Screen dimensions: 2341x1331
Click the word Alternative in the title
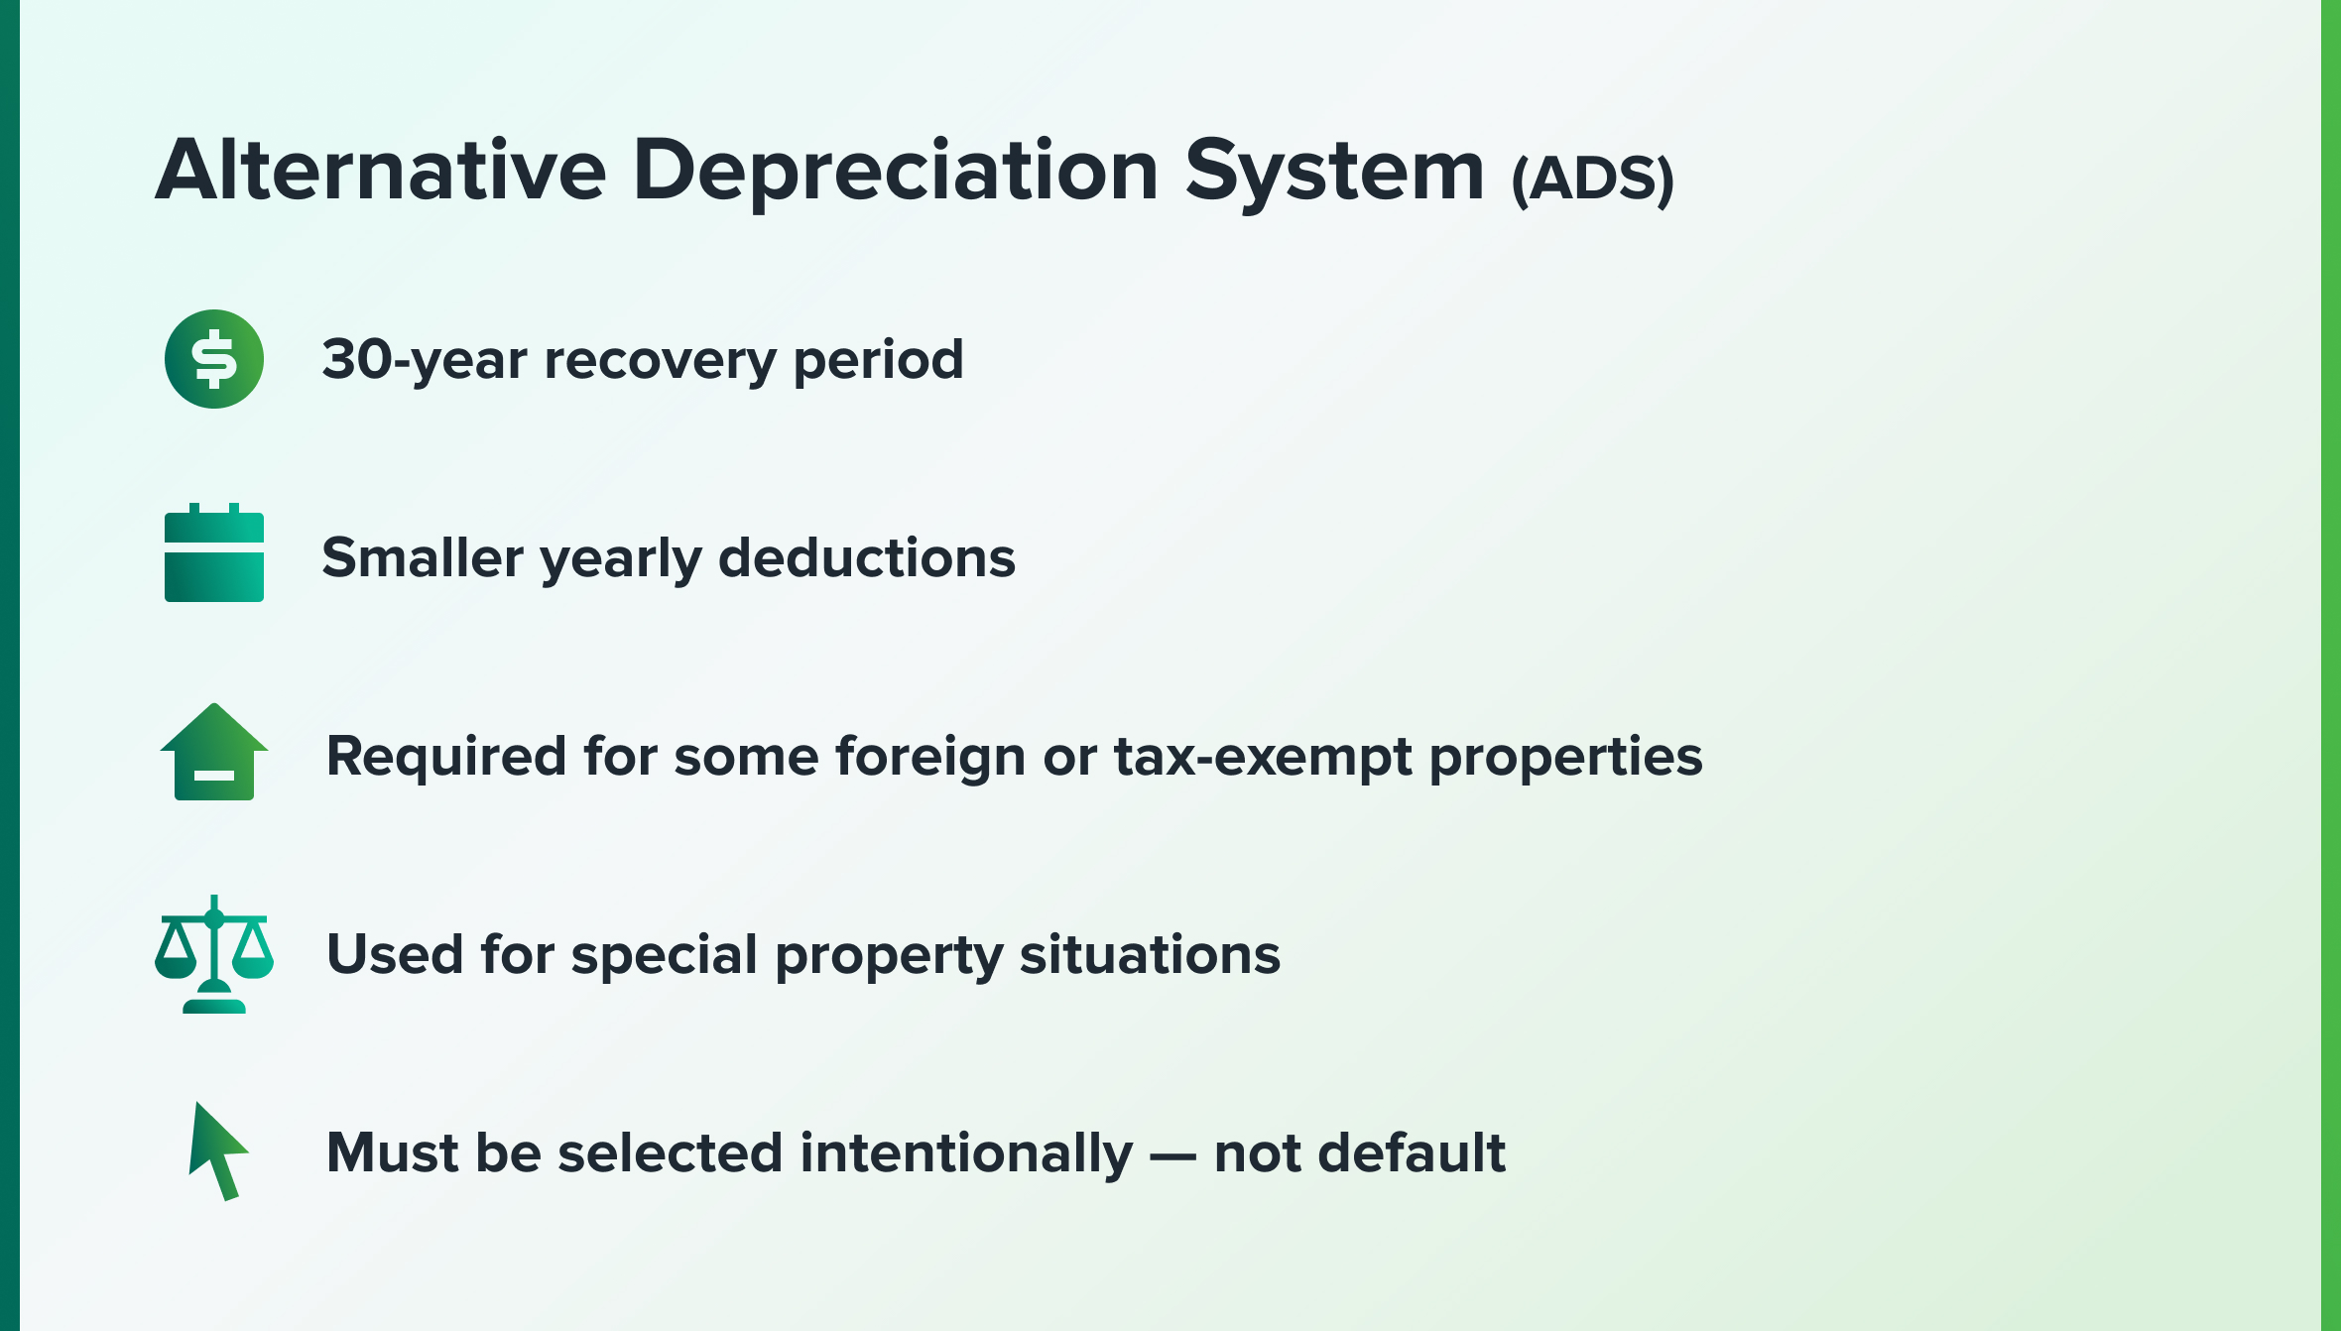(381, 170)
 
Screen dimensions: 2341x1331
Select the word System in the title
(1335, 175)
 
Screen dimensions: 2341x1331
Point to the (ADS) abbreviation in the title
(1593, 180)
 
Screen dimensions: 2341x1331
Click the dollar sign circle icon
(214, 359)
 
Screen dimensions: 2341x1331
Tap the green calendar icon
(214, 552)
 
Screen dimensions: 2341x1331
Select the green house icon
(214, 752)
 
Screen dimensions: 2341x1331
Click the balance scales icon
(214, 954)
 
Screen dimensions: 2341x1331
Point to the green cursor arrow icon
(217, 1151)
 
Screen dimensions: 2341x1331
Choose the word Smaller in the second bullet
(423, 557)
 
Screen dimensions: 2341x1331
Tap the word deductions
(867, 557)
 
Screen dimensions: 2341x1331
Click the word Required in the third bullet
(446, 756)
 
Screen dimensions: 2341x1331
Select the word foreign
(929, 758)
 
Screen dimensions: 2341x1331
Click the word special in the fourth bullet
(665, 956)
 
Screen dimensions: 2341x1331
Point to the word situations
(1150, 954)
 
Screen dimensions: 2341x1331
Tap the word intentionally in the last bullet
(966, 1154)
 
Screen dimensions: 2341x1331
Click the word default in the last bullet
(1410, 1152)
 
